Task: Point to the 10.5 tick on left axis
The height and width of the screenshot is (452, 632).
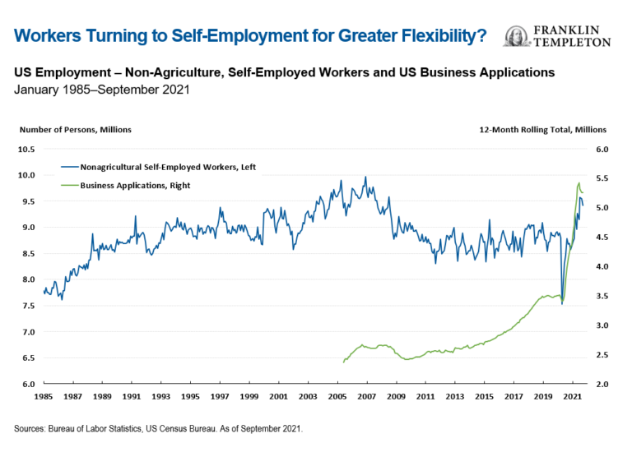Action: point(27,150)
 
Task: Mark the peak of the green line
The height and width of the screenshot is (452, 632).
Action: point(579,182)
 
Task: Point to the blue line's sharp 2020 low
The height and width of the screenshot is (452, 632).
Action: point(562,304)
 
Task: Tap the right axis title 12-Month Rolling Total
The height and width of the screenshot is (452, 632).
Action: point(542,129)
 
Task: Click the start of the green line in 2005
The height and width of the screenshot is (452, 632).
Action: point(343,362)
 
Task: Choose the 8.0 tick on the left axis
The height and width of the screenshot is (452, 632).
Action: point(29,279)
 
